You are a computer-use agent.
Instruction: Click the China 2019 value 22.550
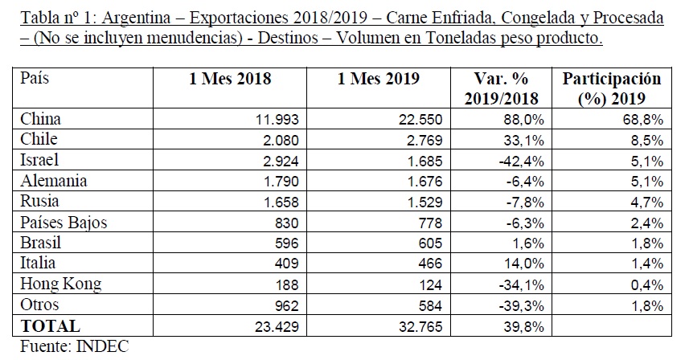coord(420,119)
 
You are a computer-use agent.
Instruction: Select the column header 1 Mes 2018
coord(230,79)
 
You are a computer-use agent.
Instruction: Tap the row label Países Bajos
coord(64,223)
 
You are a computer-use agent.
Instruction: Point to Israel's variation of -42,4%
coord(521,161)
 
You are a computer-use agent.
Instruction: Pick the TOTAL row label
coord(50,326)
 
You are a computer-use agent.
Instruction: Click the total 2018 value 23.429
coord(277,326)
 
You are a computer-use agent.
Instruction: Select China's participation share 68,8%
coord(643,119)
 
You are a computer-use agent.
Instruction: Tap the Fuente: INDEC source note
coord(74,346)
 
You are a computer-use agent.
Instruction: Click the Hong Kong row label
coord(61,284)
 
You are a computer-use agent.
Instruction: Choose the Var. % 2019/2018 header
coord(501,88)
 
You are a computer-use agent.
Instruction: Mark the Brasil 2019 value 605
coord(429,243)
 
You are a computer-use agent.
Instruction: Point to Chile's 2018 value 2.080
coord(281,140)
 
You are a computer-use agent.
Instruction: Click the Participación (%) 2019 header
coord(612,88)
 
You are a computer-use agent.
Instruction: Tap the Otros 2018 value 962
coord(286,305)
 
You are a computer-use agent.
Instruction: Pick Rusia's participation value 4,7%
coord(647,202)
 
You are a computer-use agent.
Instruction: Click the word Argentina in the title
coord(136,18)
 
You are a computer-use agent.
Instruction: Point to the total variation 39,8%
coord(523,326)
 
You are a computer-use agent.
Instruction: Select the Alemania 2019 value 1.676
coord(425,182)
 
